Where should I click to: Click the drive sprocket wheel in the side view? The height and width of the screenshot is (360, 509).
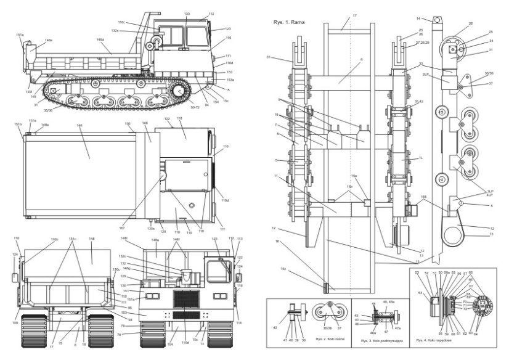181,92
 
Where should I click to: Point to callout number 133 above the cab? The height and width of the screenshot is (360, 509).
187,14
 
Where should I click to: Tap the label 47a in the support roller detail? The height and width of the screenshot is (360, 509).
397,329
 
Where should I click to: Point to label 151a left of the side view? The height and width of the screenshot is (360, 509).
20,35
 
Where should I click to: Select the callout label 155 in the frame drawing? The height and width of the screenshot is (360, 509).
423,197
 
